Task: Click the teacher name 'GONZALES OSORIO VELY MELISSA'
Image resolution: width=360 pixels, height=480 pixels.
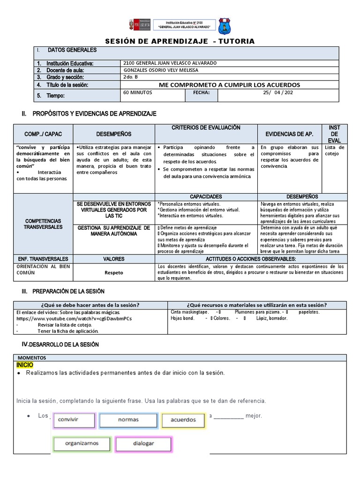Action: click(x=160, y=70)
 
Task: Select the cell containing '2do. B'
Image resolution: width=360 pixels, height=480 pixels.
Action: click(x=129, y=77)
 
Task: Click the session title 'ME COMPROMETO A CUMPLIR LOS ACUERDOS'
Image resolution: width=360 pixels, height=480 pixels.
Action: click(x=229, y=85)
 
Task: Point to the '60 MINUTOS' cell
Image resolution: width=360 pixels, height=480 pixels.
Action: click(x=137, y=93)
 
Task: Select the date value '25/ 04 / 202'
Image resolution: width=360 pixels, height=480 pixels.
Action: click(x=278, y=93)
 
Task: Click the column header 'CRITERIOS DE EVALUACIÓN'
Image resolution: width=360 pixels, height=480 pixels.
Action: click(x=206, y=127)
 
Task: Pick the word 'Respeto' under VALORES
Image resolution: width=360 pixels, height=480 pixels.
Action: click(x=114, y=271)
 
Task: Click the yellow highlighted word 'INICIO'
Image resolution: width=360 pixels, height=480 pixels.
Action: click(x=25, y=365)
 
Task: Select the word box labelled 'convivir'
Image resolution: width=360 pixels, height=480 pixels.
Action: click(x=74, y=420)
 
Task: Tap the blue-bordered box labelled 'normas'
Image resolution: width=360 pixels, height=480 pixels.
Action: click(x=128, y=420)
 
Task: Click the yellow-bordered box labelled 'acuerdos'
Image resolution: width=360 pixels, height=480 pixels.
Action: click(x=183, y=420)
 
